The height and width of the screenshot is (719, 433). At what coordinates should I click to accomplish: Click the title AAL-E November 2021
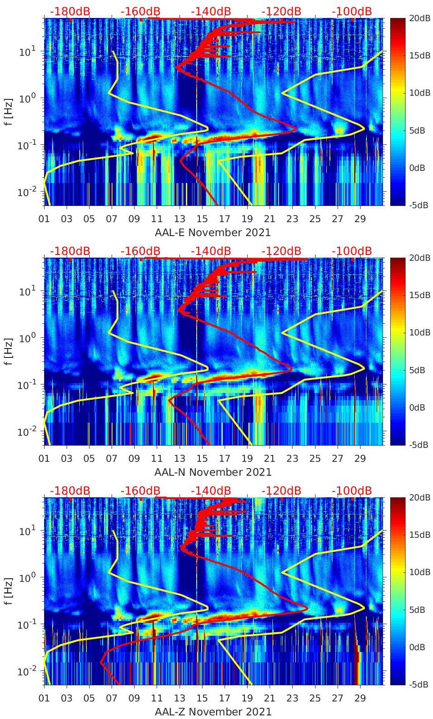pyautogui.click(x=213, y=232)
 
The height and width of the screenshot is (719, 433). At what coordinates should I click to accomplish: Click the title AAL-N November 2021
pyautogui.click(x=213, y=472)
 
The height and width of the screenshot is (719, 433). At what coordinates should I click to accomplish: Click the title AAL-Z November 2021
pyautogui.click(x=213, y=712)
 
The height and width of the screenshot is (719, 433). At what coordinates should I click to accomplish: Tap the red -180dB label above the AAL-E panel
pyautogui.click(x=70, y=11)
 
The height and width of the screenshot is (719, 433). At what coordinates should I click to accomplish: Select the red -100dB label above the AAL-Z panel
pyautogui.click(x=352, y=491)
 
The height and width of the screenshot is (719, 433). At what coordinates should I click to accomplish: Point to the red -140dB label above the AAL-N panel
pyautogui.click(x=211, y=251)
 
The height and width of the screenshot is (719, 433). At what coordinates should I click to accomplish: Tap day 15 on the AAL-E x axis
pyautogui.click(x=202, y=219)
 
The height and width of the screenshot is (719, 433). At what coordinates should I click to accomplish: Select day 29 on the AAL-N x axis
pyautogui.click(x=360, y=459)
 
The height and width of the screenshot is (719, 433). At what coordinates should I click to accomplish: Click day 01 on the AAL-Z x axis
pyautogui.click(x=44, y=698)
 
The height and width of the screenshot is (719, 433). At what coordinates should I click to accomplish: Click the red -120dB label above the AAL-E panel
pyautogui.click(x=281, y=11)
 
